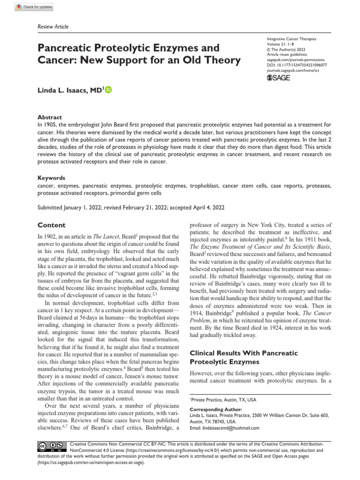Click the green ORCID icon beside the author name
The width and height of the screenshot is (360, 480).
pyautogui.click(x=109, y=90)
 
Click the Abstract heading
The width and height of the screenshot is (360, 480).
pyautogui.click(x=50, y=117)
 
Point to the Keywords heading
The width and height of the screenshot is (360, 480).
pyautogui.click(x=51, y=178)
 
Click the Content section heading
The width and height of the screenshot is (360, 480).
pyautogui.click(x=52, y=225)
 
